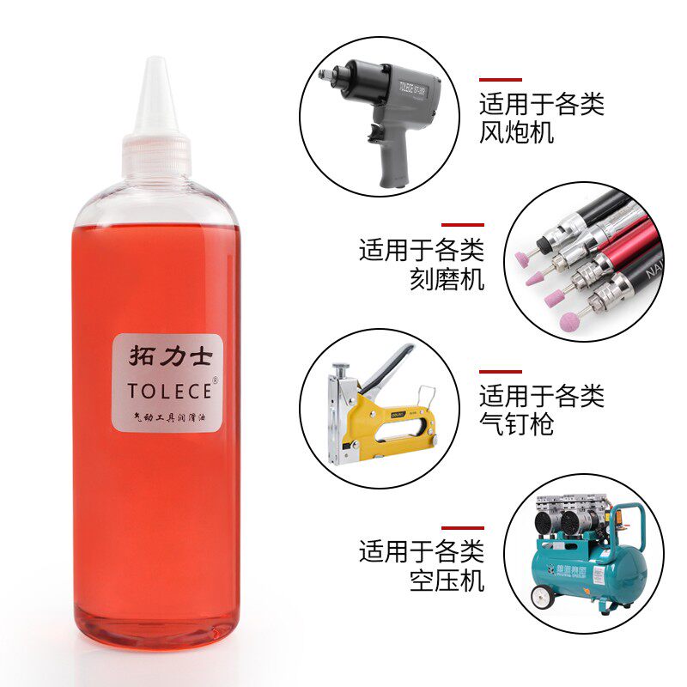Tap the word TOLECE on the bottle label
pyautogui.click(x=168, y=390)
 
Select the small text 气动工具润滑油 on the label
pyautogui.click(x=168, y=416)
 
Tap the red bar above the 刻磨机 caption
pyautogui.click(x=463, y=224)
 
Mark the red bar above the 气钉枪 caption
pyautogui.click(x=501, y=372)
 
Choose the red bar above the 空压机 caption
pyautogui.click(x=463, y=527)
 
